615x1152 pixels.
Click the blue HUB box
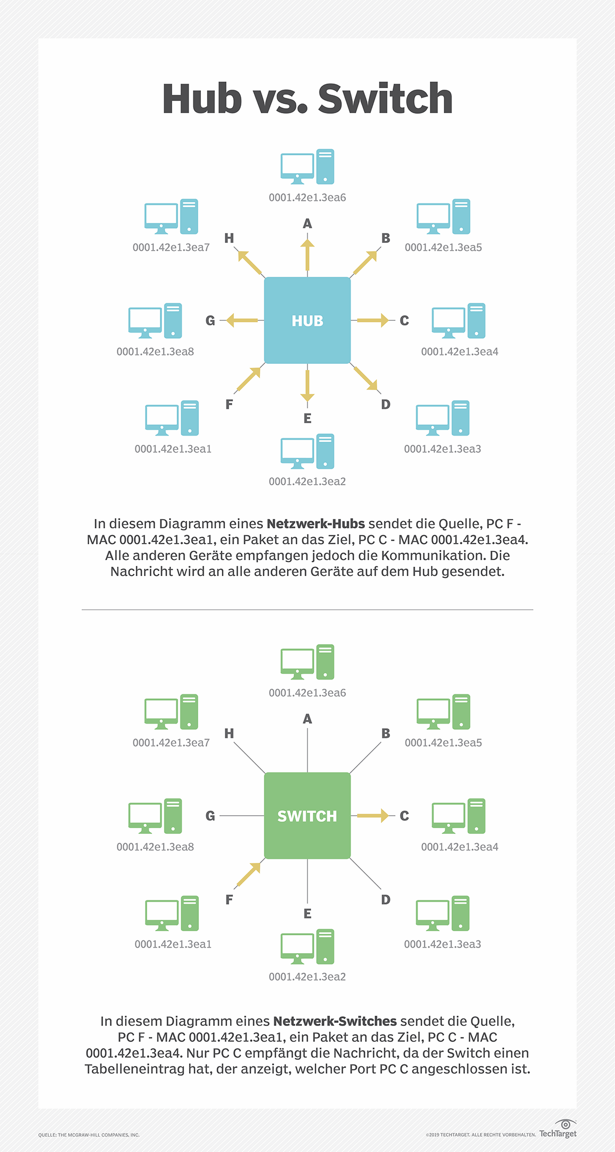(307, 320)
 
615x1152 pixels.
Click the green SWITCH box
(307, 815)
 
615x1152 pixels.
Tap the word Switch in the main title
(385, 98)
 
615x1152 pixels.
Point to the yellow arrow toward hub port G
(242, 320)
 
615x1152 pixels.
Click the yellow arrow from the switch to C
(373, 815)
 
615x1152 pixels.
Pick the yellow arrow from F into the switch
(249, 874)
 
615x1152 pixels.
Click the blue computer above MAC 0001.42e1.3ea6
(307, 167)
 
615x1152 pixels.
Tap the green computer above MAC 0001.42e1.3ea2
(307, 947)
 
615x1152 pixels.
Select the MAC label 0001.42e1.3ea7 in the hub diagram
(171, 248)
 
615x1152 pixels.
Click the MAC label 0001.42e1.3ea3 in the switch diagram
(442, 944)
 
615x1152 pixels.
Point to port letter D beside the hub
(386, 404)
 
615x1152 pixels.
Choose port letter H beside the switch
(229, 733)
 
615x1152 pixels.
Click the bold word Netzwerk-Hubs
(316, 524)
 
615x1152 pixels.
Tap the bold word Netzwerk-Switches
(335, 1021)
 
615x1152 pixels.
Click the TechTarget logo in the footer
(558, 1129)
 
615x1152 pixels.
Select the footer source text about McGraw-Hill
(89, 1135)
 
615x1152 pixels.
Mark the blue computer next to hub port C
(458, 321)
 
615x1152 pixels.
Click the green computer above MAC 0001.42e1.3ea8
(155, 816)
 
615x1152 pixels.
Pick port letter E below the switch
(307, 913)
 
